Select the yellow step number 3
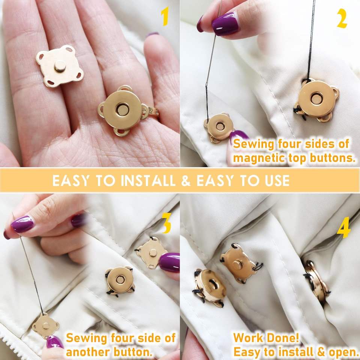coord(167,223)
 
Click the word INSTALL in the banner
coord(148,181)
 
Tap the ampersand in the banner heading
coord(186,181)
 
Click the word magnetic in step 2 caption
coord(258,158)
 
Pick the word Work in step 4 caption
coord(248,338)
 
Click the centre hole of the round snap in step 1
coord(122,109)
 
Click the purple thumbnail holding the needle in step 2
coord(224,24)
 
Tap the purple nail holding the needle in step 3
coord(22,224)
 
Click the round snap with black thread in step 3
coord(120,280)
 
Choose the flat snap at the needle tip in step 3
coord(45,325)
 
